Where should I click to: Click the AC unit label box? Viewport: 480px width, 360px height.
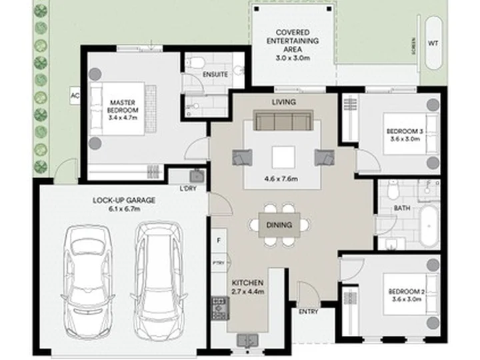[x=75, y=96]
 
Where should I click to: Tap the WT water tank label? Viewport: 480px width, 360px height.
[x=433, y=43]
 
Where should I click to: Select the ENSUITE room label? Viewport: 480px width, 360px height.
[x=215, y=75]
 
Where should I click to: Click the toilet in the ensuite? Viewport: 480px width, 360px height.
[x=195, y=63]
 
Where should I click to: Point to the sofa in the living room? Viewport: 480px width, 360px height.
[x=283, y=120]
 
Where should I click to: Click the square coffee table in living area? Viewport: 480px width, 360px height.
[x=283, y=157]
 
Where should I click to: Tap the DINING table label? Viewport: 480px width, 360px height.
[x=279, y=225]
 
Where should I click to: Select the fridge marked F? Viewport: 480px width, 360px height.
[x=219, y=241]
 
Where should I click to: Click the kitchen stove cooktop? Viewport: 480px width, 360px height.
[x=220, y=308]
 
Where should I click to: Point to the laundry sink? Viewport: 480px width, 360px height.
[x=197, y=176]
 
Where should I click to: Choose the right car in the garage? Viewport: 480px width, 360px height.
[x=159, y=281]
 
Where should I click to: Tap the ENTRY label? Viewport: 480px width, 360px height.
[x=308, y=311]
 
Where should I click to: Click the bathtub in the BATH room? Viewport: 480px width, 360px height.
[x=429, y=226]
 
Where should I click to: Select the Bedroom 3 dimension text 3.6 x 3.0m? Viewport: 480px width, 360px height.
[x=405, y=139]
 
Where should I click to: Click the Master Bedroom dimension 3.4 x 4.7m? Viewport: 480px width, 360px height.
[x=123, y=117]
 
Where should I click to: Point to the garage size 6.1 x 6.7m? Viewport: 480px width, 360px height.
[x=124, y=209]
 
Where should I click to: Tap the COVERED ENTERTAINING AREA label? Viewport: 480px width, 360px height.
[x=293, y=41]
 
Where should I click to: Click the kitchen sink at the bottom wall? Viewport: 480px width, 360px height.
[x=247, y=341]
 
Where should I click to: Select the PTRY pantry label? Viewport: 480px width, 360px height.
[x=218, y=263]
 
